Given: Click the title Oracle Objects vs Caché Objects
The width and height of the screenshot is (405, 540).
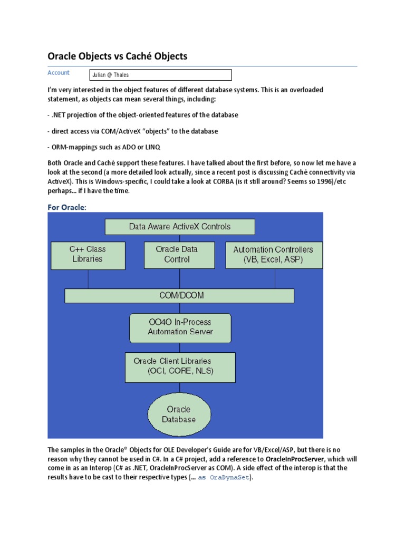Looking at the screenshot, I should click(x=118, y=56).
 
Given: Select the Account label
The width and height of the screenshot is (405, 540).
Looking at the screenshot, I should click(x=59, y=73).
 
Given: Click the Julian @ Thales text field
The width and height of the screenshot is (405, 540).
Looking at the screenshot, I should click(x=160, y=75).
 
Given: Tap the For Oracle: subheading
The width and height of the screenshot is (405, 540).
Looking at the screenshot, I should click(x=66, y=207).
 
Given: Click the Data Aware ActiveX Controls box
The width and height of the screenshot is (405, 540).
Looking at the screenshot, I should click(x=180, y=227).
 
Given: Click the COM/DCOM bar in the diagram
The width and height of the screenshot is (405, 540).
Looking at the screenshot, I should click(x=179, y=296).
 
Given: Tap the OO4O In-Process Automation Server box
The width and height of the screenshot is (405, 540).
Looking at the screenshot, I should click(x=180, y=327).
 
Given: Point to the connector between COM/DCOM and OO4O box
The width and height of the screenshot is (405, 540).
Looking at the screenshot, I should click(x=180, y=308).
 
